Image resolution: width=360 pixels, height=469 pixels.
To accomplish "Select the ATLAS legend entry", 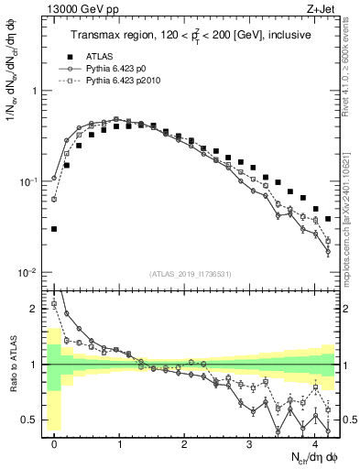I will pos(108,55).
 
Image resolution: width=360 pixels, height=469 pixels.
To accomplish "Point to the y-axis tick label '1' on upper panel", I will pos(35,92).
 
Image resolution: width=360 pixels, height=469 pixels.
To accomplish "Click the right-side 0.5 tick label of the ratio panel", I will pos(349,420).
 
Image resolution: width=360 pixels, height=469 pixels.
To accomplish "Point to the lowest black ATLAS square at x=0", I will pos(54,229).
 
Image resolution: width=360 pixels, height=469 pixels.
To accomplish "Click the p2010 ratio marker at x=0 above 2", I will pos(54,303).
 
